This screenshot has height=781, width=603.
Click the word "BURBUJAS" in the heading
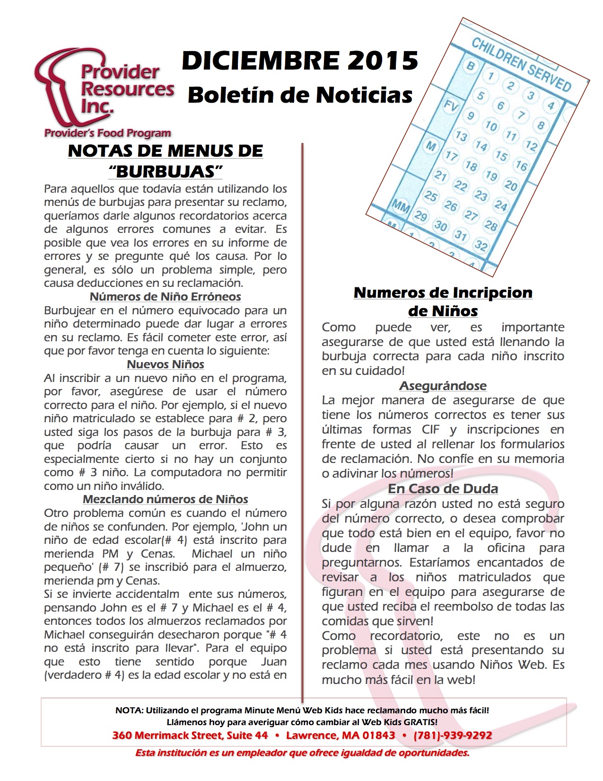click(x=166, y=171)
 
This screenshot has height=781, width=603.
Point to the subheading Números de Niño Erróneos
click(x=166, y=297)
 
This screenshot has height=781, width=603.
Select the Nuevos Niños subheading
click(x=166, y=364)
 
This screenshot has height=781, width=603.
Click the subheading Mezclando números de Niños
click(x=166, y=499)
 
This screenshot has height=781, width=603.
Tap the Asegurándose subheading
click(x=443, y=386)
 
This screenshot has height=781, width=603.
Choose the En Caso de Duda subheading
click(x=443, y=488)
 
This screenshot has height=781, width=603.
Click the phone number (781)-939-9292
click(x=453, y=735)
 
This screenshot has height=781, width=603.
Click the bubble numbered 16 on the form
click(x=521, y=165)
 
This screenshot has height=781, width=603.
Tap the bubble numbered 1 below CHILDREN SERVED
click(x=491, y=76)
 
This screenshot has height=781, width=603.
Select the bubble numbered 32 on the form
click(x=481, y=245)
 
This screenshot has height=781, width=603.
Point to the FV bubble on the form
click(x=451, y=106)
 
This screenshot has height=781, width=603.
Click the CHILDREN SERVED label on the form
click(x=521, y=64)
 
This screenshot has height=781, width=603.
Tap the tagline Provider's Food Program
click(x=108, y=133)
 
